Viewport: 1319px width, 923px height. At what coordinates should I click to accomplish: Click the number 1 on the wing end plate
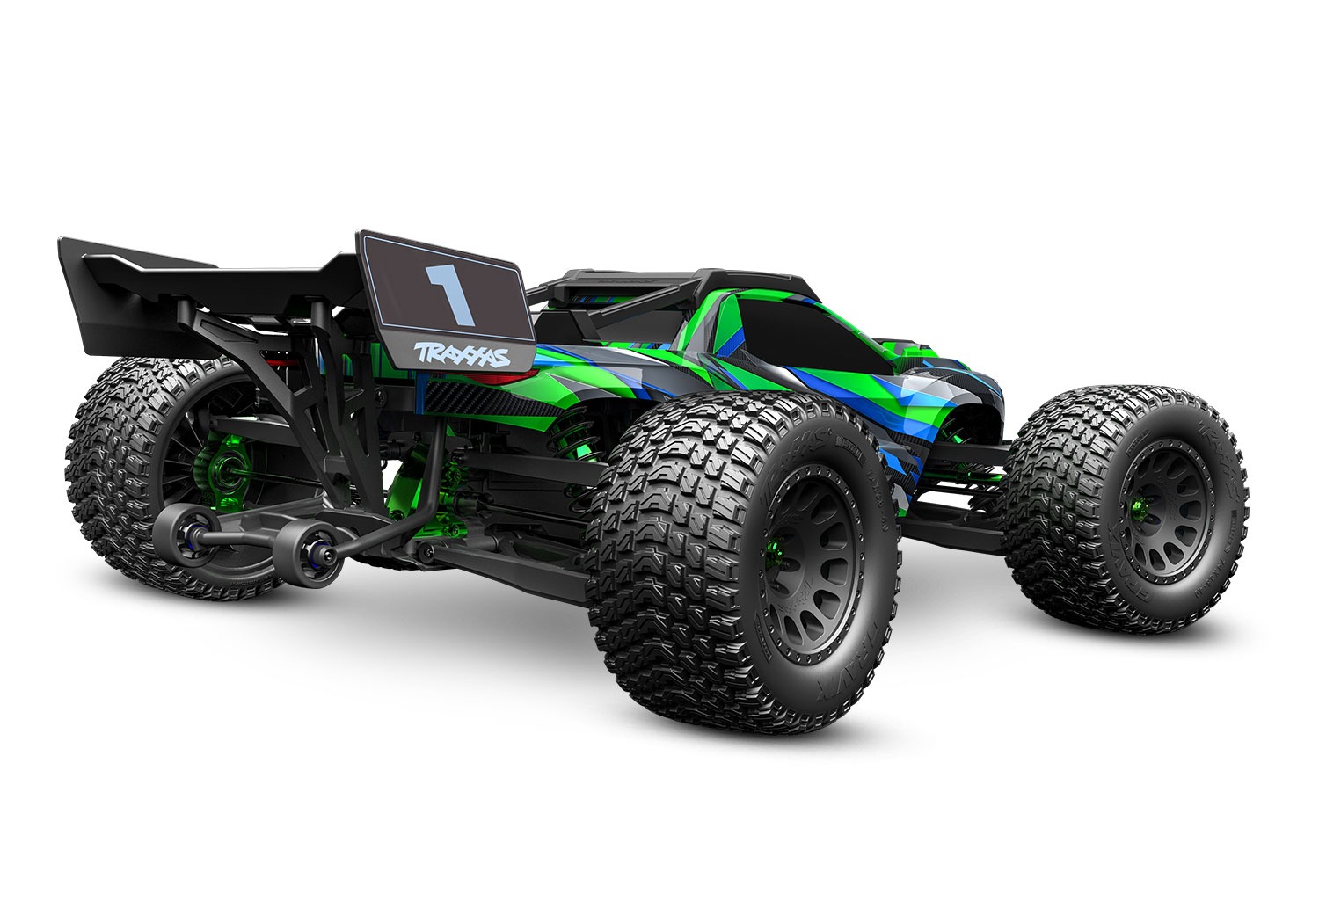450,294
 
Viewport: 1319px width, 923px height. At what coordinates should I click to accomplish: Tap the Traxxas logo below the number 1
462,354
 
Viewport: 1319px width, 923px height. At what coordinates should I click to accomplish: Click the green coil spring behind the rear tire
576,440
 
